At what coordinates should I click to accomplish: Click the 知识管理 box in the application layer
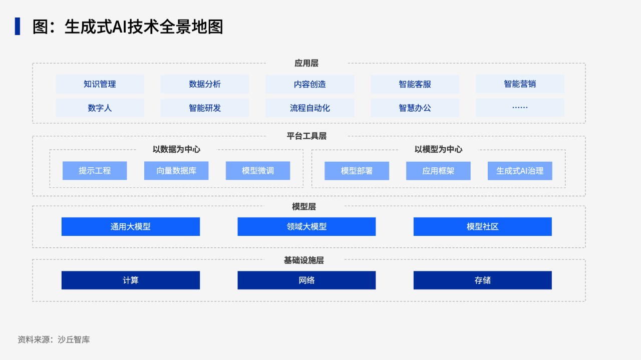point(100,84)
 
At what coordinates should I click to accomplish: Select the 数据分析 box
point(205,84)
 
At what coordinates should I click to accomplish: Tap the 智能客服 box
point(415,84)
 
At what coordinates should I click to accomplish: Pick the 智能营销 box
point(520,84)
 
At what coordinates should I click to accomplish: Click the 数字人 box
point(100,108)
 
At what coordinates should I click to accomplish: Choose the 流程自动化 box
point(310,108)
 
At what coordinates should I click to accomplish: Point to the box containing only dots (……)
point(520,108)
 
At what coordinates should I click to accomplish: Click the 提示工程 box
point(95,171)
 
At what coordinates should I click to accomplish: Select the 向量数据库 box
point(176,171)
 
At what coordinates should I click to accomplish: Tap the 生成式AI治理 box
point(520,171)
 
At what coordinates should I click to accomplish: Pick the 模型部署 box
point(357,171)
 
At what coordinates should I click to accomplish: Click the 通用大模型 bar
point(131,227)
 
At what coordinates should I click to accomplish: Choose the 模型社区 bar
point(483,227)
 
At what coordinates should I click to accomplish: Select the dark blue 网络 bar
point(306,280)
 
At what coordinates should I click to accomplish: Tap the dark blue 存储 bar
point(483,280)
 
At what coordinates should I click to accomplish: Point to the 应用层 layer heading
point(306,63)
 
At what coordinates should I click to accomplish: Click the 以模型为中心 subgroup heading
point(438,149)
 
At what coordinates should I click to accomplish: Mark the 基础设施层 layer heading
point(304,260)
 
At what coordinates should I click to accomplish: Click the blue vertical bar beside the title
point(18,27)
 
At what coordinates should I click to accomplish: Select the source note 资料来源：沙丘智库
point(54,339)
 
